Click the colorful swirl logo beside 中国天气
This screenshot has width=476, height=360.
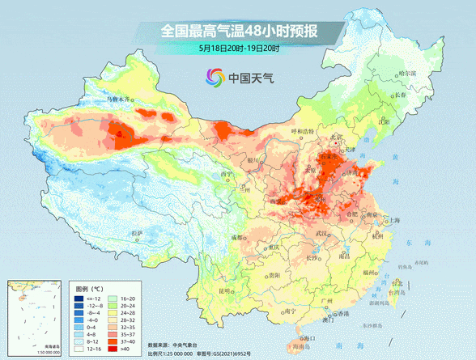213,78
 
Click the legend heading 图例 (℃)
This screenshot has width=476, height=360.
87,288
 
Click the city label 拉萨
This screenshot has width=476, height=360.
136,233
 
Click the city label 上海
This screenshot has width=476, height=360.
397,219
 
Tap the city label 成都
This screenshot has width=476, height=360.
236,237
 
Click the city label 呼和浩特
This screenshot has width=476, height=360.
301,131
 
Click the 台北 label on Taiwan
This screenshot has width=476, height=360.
396,283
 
